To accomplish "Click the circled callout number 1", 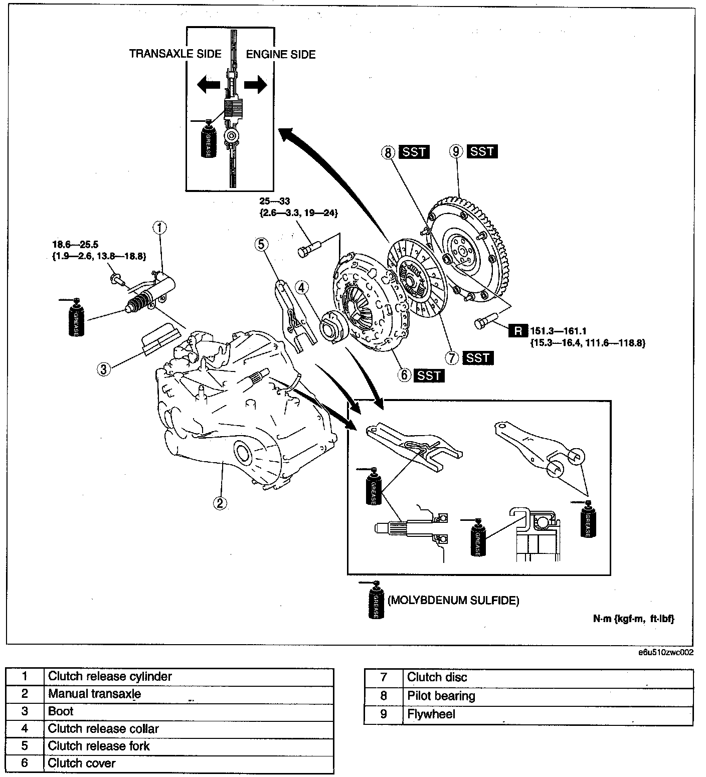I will (x=159, y=229).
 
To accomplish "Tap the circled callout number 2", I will (x=219, y=502).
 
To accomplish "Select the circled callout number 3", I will (x=103, y=369).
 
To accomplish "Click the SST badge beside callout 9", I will (x=482, y=151).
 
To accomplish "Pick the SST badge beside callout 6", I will (x=429, y=375).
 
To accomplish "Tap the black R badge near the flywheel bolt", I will (x=518, y=331).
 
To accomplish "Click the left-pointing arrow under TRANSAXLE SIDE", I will (x=208, y=85).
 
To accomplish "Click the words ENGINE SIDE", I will (x=281, y=54).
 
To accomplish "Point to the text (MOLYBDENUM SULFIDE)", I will (x=453, y=600).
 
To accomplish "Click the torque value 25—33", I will (x=275, y=201).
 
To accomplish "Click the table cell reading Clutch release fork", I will (x=99, y=746).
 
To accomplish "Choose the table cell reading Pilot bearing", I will (x=441, y=696).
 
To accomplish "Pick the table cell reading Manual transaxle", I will (x=94, y=694).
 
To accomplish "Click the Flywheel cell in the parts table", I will (x=431, y=714).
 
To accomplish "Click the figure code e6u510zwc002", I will (x=666, y=653).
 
